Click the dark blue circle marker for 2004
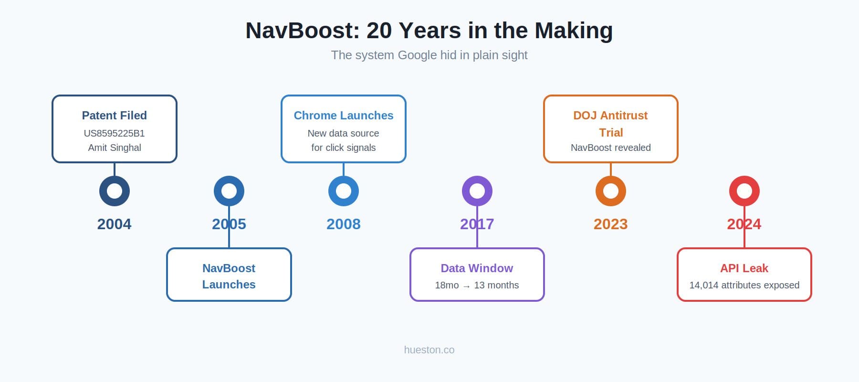(x=115, y=191)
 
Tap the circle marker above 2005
(x=229, y=191)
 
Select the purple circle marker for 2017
(x=477, y=191)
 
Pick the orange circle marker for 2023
(x=611, y=191)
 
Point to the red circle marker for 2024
(x=744, y=191)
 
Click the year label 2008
(x=344, y=224)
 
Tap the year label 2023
(x=611, y=224)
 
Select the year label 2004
(x=115, y=224)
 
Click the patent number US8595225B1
(x=115, y=133)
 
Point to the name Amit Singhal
(x=115, y=148)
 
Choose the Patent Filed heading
(x=115, y=116)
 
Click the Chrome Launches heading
(x=344, y=116)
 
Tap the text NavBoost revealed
(x=611, y=148)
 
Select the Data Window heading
(x=477, y=268)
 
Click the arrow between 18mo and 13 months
(x=466, y=286)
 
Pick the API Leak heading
(x=744, y=268)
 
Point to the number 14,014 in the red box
(x=704, y=285)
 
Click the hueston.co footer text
(x=429, y=350)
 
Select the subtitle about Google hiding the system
(x=429, y=55)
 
